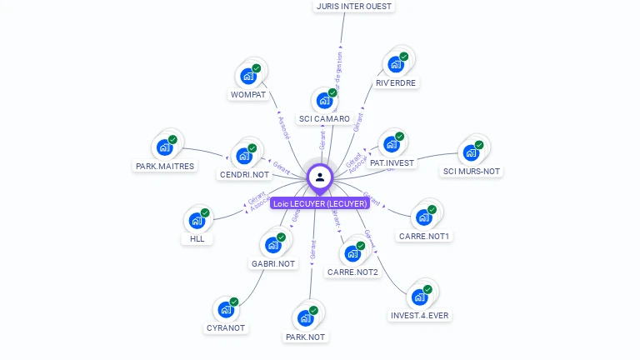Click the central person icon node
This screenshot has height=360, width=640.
[320, 177]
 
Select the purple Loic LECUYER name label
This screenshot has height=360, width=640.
[320, 203]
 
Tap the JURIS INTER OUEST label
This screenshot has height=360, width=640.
[353, 6]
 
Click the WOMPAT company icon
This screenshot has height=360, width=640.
[248, 76]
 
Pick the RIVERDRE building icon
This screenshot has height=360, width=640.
[396, 64]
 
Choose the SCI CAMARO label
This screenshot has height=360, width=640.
[324, 119]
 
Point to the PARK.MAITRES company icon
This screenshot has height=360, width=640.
[165, 147]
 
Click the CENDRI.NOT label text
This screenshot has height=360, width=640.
[244, 175]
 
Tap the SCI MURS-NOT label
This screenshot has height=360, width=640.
[472, 172]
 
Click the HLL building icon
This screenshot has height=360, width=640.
[197, 221]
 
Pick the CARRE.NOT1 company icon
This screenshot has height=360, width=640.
[424, 217]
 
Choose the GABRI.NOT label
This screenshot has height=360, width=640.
[273, 264]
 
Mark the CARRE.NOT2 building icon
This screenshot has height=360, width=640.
[353, 253]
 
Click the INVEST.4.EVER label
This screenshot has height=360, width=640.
[419, 316]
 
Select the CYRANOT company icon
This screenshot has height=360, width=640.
[226, 309]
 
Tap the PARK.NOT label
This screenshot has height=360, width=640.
[305, 337]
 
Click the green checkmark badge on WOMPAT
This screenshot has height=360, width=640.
[256, 68]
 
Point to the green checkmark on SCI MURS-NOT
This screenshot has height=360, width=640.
[479, 145]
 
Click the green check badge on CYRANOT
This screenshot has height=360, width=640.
[233, 302]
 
